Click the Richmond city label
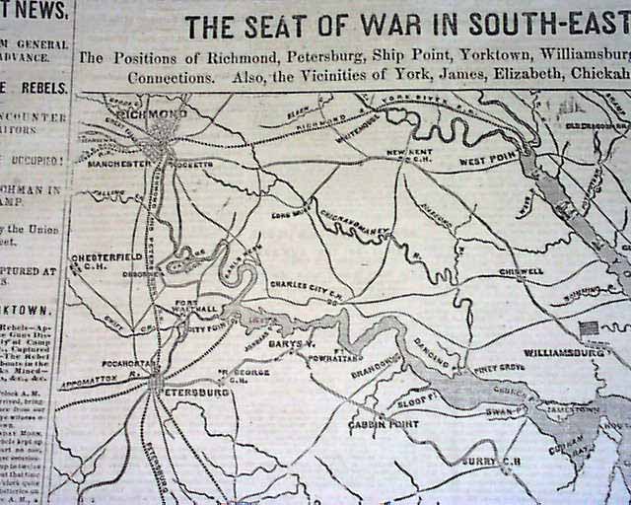(152, 114)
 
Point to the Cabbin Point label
(380, 426)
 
